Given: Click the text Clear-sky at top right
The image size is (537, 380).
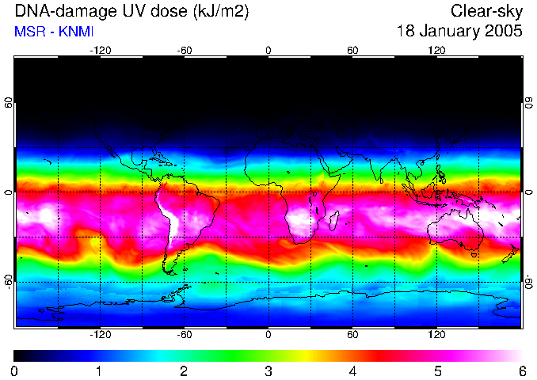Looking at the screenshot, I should tap(487, 11).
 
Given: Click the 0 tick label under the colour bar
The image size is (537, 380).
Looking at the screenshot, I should tap(15, 370).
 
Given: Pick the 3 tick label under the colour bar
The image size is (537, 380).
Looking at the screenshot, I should tap(268, 370).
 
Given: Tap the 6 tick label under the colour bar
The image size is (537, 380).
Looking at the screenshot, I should tap(521, 370).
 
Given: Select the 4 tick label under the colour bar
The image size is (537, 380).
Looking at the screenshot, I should tap(352, 370).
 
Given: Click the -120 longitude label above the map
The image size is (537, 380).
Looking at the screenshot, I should tap(100, 50).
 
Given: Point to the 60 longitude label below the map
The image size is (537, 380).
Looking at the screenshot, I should tap(352, 335).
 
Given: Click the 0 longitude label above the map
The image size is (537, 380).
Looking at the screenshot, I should tap(268, 50).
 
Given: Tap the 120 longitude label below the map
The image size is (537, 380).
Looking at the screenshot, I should tap(436, 335).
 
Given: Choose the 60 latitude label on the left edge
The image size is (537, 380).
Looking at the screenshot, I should tap(9, 105).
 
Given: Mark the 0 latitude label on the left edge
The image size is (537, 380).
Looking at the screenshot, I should tap(9, 192).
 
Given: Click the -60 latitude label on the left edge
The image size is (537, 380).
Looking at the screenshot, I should tap(9, 281).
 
